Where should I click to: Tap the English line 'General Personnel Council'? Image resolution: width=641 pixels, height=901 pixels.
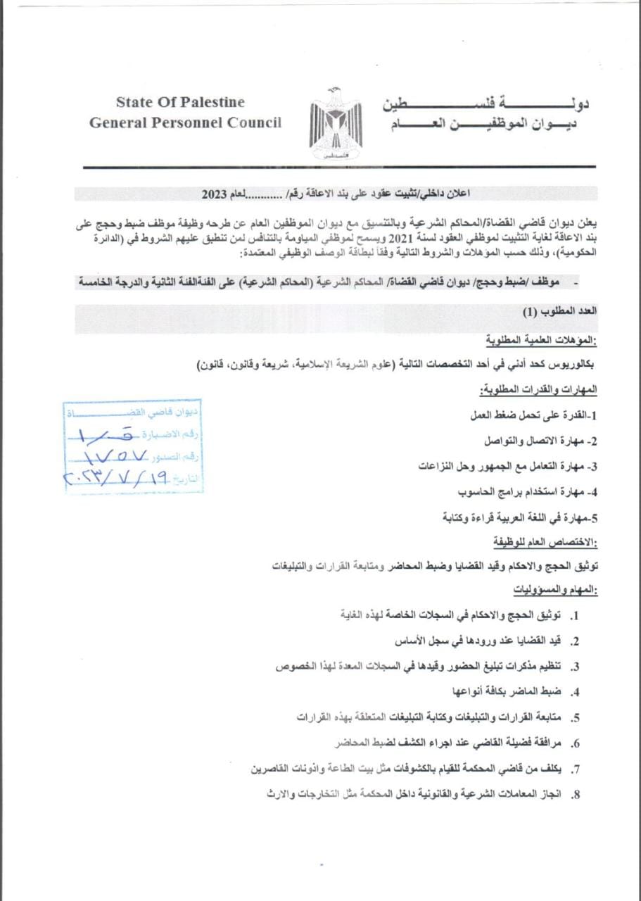pyautogui.click(x=185, y=122)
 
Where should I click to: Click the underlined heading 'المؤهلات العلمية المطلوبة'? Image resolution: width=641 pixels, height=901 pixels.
pyautogui.click(x=541, y=341)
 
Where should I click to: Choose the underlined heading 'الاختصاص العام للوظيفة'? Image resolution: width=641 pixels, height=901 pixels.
pyautogui.click(x=546, y=541)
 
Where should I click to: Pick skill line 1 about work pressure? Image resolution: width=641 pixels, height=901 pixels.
pyautogui.click(x=533, y=415)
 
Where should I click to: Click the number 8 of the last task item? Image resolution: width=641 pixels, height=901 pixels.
pyautogui.click(x=576, y=795)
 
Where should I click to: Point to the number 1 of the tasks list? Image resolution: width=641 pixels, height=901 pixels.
pyautogui.click(x=576, y=616)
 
